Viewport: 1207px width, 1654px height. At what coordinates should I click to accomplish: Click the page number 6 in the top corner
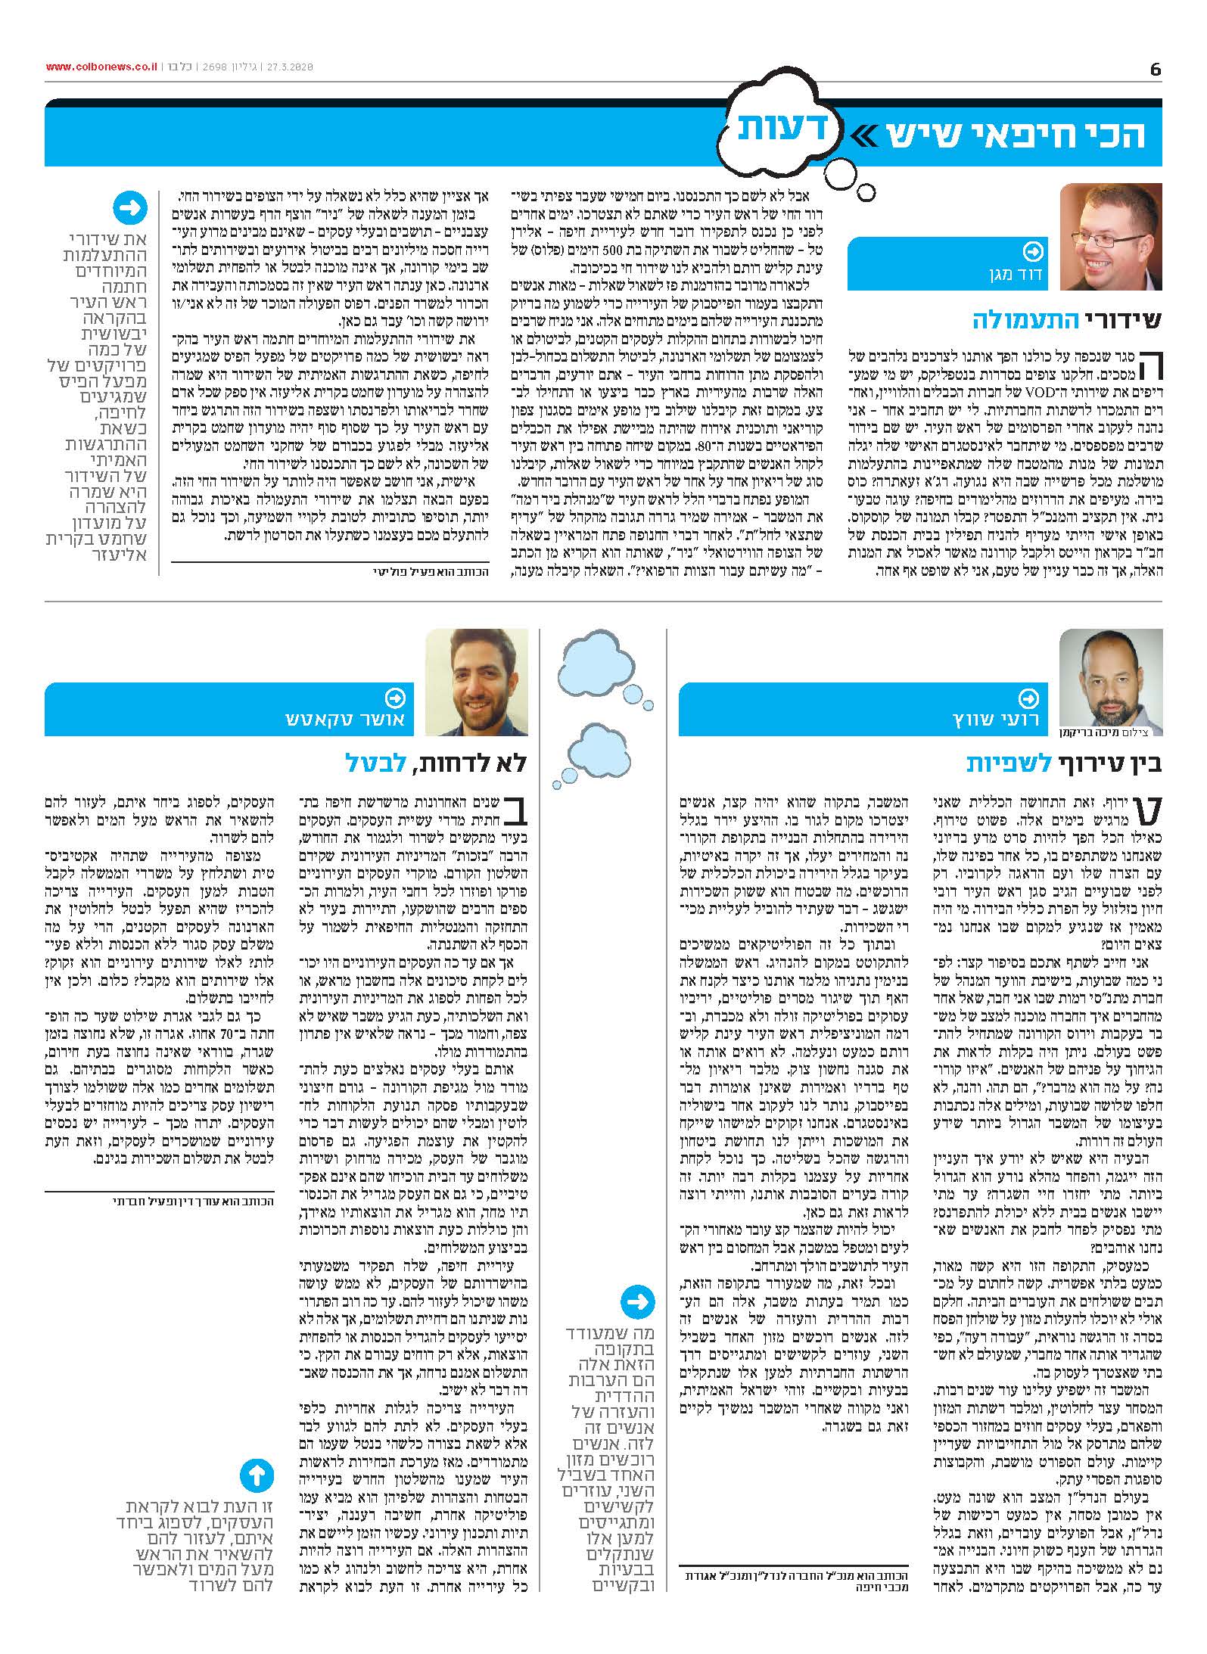(1155, 69)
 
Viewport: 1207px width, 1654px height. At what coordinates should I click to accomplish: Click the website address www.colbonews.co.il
(101, 67)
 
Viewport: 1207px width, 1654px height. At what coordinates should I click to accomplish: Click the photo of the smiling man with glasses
(1111, 237)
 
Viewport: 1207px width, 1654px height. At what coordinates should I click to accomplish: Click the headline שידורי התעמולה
(1067, 320)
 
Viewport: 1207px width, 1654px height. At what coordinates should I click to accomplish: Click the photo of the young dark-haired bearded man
(477, 681)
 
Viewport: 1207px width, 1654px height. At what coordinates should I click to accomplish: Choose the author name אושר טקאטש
(345, 719)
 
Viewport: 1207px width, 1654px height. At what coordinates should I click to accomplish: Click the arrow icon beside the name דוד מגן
(1032, 251)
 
